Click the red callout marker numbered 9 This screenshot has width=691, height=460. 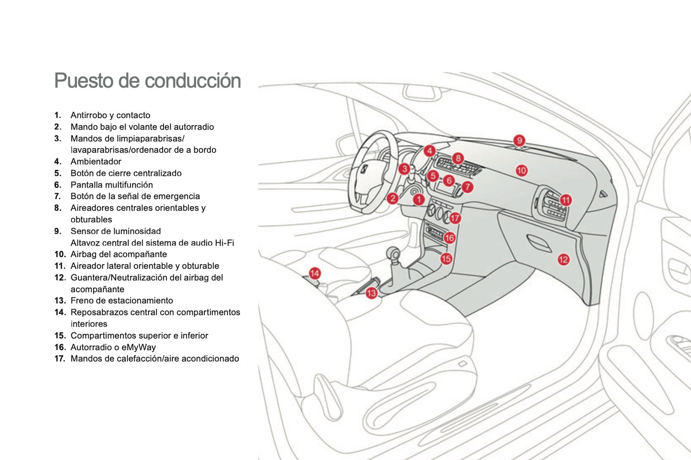click(519, 140)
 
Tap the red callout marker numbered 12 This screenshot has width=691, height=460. click(563, 259)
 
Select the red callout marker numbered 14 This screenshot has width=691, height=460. click(315, 273)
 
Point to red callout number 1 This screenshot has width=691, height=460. click(419, 199)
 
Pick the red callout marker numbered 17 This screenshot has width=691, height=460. click(455, 218)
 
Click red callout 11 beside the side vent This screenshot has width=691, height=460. click(566, 200)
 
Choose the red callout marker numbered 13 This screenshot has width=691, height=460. click(372, 293)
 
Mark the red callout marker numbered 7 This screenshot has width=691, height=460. click(468, 187)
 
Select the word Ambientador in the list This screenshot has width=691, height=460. click(96, 161)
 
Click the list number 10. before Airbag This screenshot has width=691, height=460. click(60, 254)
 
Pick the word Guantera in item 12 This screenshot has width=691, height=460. click(89, 278)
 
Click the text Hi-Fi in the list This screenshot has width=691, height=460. click(224, 243)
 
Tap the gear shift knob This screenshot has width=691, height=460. click(393, 252)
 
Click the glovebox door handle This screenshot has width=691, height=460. click(539, 242)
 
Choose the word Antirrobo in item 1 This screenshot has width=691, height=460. click(88, 115)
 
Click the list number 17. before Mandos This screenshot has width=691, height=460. click(60, 359)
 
